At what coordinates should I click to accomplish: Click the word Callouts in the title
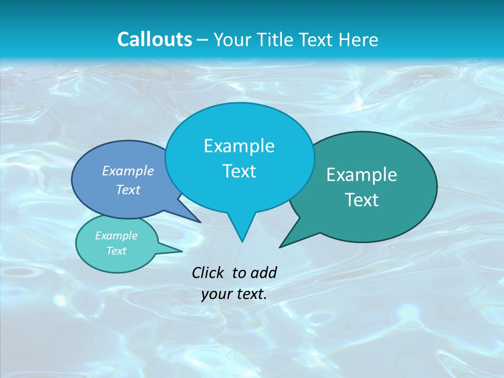154,39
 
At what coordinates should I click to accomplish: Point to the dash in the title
202,40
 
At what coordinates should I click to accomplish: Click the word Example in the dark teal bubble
362,175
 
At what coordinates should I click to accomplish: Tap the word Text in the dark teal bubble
362,200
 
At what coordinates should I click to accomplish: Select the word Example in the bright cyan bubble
239,146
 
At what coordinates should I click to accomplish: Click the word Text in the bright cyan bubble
239,171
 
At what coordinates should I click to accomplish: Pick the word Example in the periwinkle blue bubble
128,171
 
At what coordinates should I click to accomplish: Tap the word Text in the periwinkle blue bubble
128,190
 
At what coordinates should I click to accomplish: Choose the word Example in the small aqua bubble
117,236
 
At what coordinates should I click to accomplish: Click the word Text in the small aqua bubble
117,251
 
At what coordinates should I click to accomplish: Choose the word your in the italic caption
216,294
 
